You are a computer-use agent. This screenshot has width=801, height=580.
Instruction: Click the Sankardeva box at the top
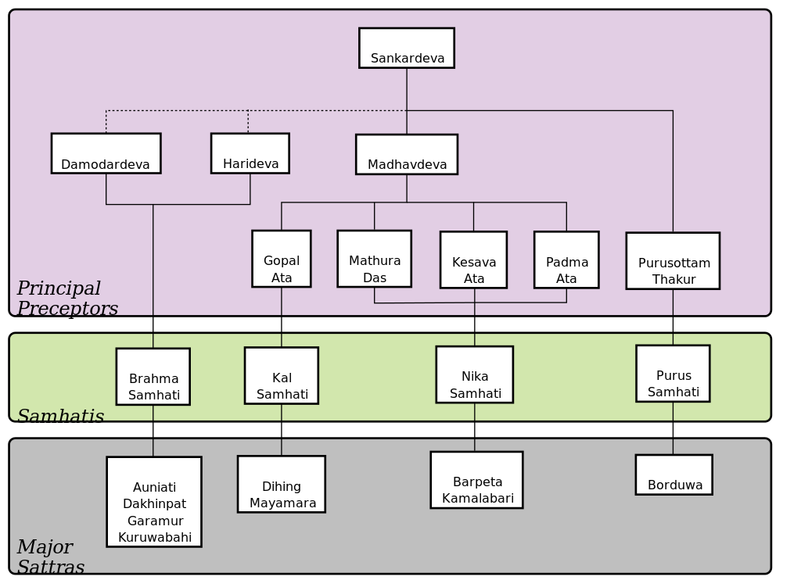407,48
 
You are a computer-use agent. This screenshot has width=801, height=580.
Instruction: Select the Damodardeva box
106,153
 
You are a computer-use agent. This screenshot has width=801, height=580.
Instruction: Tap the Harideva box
250,153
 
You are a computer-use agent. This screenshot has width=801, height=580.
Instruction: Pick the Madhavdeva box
407,154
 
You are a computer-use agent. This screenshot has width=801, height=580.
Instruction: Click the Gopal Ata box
282,259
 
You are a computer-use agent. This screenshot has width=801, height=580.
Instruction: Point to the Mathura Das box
375,259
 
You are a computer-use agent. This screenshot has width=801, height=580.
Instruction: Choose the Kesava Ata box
473,260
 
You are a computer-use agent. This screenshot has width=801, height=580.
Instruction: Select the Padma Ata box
566,260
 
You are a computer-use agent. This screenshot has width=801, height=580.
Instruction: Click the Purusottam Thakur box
673,261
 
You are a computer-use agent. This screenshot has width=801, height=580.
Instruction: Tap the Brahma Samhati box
153,377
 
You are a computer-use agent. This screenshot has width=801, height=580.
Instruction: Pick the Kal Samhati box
282,376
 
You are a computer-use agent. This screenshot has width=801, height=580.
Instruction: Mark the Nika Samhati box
475,375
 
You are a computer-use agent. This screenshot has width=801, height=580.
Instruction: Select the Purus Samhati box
673,374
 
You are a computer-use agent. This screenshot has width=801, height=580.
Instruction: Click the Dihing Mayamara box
282,485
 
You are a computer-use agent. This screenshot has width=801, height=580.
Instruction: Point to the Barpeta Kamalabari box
476,480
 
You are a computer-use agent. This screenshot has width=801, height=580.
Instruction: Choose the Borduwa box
673,475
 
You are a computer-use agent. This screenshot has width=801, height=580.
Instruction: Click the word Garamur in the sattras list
155,521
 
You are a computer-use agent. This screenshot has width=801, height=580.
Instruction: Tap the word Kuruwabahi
155,538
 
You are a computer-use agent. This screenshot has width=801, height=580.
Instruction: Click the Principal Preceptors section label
67,299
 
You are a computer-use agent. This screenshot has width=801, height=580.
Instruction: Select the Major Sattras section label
51,557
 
